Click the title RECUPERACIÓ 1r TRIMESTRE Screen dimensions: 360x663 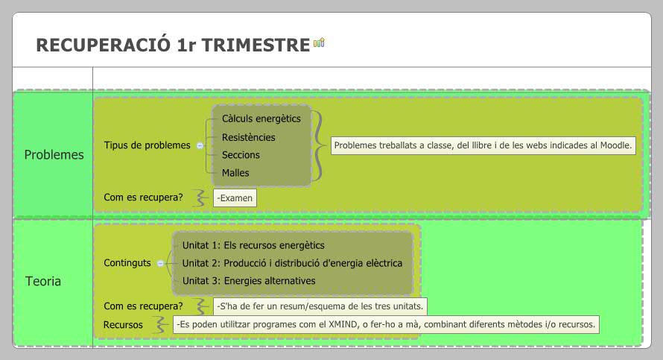[172, 45]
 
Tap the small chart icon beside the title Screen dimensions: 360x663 [319, 44]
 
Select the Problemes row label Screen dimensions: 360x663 [54, 155]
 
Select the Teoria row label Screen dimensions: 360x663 [43, 282]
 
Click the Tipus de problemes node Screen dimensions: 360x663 [147, 145]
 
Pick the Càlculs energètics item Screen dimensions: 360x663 [261, 119]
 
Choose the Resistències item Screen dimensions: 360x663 [248, 137]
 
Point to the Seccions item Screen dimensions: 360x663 [241, 155]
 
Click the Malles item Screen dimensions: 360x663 [235, 173]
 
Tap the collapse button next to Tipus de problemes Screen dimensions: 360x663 [200, 146]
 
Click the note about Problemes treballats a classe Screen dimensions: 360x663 [483, 145]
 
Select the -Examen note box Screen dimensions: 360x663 [235, 198]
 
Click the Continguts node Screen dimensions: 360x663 [127, 263]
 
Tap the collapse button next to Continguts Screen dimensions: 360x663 [160, 263]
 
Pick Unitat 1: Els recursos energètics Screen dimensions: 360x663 [253, 245]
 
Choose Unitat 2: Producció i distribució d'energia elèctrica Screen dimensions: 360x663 [292, 263]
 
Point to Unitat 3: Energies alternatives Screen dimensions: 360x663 [249, 281]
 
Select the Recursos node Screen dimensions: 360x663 [123, 325]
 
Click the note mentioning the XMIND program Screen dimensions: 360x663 [386, 325]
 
